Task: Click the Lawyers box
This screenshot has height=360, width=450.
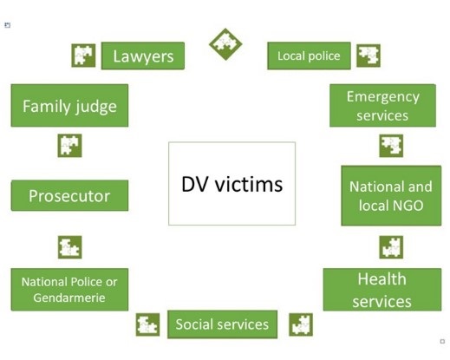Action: [143, 56]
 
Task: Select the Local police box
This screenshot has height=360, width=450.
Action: [309, 56]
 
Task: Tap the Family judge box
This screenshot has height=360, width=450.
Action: [69, 106]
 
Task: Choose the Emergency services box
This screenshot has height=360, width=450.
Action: [382, 106]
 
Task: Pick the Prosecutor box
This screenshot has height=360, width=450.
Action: [69, 195]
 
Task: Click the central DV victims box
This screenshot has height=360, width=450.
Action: [232, 183]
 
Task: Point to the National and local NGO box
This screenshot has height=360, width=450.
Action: [391, 195]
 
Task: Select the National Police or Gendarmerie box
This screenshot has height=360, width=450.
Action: [69, 290]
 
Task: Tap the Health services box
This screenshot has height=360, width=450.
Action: [382, 290]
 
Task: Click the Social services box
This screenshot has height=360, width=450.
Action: [222, 324]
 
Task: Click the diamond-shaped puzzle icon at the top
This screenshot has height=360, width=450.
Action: [225, 44]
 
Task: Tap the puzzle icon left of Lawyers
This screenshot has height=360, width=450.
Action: [83, 56]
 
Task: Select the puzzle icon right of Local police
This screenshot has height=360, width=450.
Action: [368, 56]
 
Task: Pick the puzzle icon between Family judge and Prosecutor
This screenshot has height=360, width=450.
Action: [69, 146]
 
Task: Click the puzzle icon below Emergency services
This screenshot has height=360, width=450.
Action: [391, 146]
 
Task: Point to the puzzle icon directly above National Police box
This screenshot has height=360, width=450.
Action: [69, 247]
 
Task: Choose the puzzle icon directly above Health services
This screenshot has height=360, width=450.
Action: [391, 247]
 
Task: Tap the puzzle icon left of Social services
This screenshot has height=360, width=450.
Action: [147, 324]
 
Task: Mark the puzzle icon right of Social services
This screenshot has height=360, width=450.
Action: [301, 324]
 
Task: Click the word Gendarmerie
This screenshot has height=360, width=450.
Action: [69, 298]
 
